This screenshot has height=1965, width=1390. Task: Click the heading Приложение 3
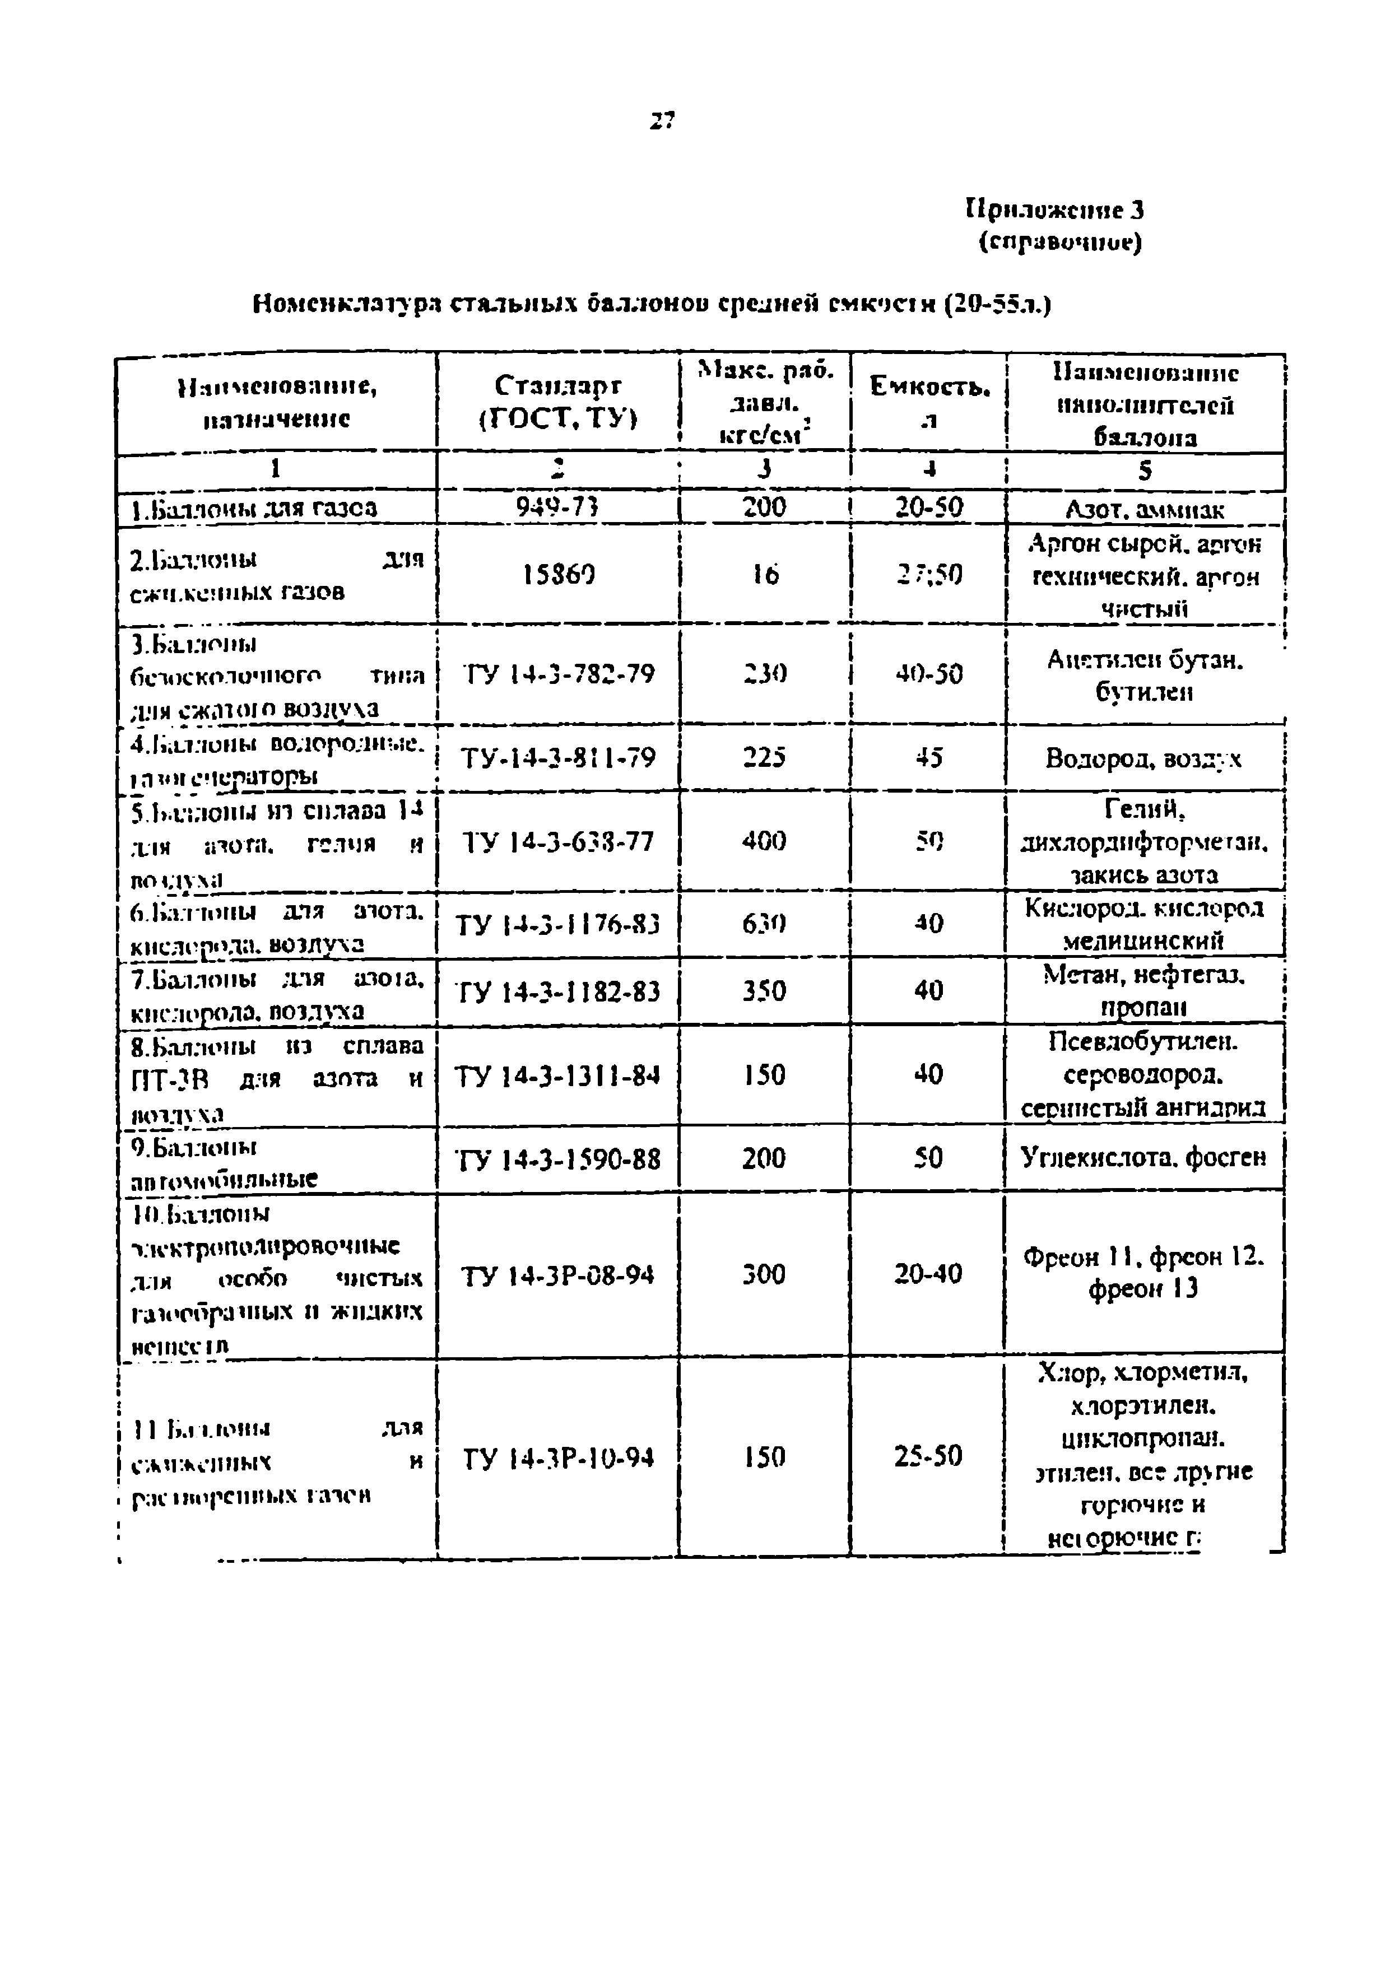click(1054, 209)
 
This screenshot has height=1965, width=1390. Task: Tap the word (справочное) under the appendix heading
click(1061, 244)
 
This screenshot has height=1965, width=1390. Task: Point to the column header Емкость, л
click(929, 402)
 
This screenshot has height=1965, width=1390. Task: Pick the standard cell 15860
click(558, 574)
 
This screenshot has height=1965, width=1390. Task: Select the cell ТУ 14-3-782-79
click(558, 674)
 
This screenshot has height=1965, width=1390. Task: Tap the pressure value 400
click(764, 841)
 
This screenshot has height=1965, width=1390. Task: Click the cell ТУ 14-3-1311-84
click(557, 1075)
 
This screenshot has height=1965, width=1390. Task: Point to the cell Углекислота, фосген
click(1143, 1158)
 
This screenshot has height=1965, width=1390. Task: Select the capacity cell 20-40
click(929, 1274)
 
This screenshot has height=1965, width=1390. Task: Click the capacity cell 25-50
click(929, 1456)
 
